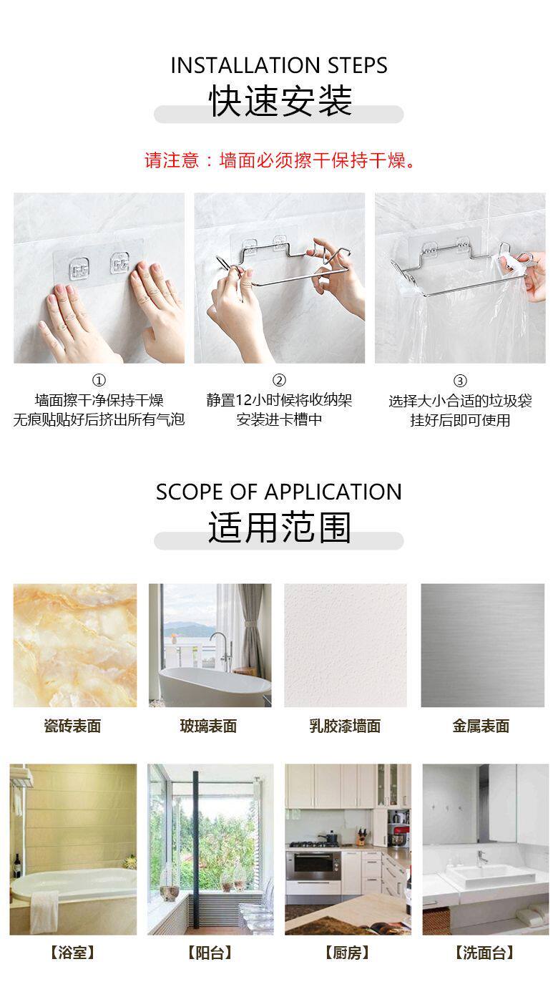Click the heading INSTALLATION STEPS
pos(279,65)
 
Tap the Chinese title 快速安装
pos(280,101)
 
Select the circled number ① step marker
pos(99,380)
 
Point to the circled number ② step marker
pos(279,380)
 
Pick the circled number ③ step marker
pos(460,381)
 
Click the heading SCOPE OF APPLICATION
pos(279,492)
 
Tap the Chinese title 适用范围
pos(280,527)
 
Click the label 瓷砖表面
pos(72,726)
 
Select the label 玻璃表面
pos(208,726)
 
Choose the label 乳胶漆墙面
pos(345,726)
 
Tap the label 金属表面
pos(481,726)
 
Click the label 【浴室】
pos(72,953)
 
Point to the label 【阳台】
pos(210,953)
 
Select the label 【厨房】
pos(347,953)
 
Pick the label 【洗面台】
pos(484,953)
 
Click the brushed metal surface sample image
pos(483,645)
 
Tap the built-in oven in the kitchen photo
pos(313,866)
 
